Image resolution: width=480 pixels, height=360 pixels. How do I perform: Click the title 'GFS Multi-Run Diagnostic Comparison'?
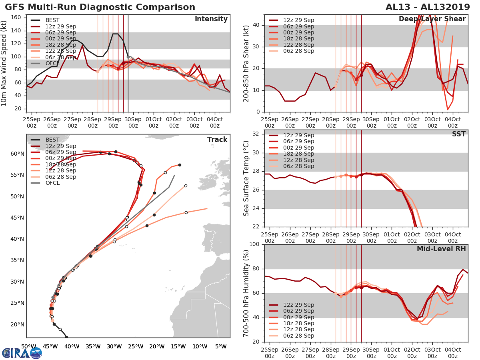[x=100, y=7]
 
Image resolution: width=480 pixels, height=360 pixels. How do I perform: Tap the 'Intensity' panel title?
[x=211, y=19]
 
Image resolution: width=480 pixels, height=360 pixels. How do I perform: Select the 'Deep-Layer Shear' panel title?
[x=432, y=19]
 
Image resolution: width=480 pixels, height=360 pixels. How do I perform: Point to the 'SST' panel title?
[x=458, y=134]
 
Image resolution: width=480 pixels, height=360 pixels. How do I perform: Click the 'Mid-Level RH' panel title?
[x=441, y=249]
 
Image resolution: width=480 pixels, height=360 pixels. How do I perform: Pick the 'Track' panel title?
[x=217, y=140]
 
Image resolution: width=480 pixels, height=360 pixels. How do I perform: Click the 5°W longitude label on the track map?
[x=220, y=346]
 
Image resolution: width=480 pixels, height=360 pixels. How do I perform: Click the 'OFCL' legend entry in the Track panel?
[x=52, y=183]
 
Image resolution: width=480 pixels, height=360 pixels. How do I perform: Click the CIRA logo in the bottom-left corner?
[x=22, y=353]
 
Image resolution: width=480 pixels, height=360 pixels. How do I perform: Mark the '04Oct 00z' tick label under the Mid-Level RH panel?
[x=452, y=352]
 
